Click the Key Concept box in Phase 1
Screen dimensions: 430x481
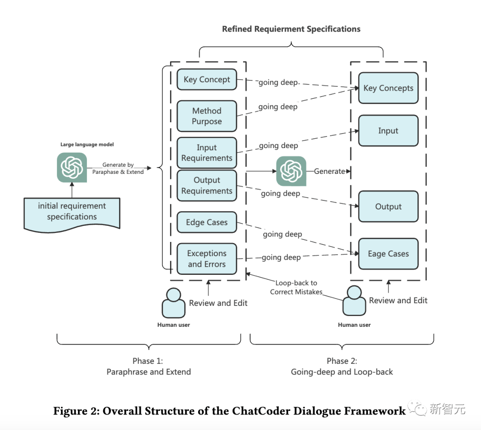click(207, 80)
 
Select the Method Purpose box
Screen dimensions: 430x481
click(207, 116)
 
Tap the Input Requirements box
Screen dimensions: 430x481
click(207, 153)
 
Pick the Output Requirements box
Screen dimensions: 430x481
click(207, 185)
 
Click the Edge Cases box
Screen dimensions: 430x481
click(207, 222)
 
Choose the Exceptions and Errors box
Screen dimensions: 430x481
click(207, 258)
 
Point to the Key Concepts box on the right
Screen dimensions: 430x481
click(388, 88)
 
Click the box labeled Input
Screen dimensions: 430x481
click(388, 131)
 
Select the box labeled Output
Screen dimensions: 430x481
click(388, 206)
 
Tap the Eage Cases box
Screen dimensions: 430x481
click(388, 254)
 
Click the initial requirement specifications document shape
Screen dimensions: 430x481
click(72, 213)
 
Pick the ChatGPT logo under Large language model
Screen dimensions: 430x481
click(72, 167)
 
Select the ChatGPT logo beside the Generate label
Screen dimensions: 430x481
click(291, 171)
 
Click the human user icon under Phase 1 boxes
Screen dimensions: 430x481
click(173, 303)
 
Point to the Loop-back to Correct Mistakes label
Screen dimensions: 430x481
click(296, 287)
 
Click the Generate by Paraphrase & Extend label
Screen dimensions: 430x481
click(118, 169)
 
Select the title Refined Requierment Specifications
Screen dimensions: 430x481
click(291, 29)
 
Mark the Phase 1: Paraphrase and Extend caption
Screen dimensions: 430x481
click(149, 366)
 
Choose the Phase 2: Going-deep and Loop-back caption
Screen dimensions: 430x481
click(342, 366)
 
